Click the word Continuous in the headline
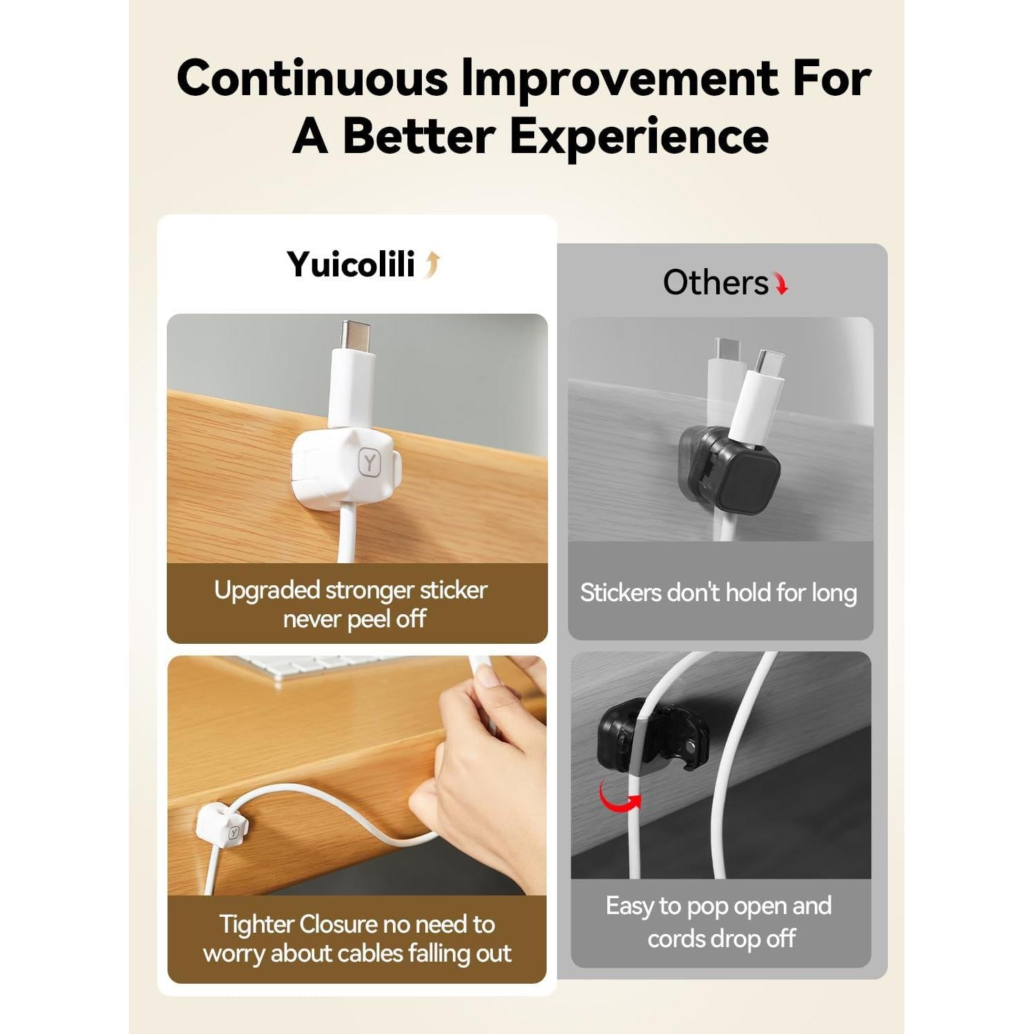pos(312,78)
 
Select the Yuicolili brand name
pos(351,264)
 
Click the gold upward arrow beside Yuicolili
pos(432,265)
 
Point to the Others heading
pos(715,283)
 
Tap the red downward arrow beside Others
pos(781,283)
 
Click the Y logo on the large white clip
pos(371,461)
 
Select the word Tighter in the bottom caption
pos(247,924)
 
